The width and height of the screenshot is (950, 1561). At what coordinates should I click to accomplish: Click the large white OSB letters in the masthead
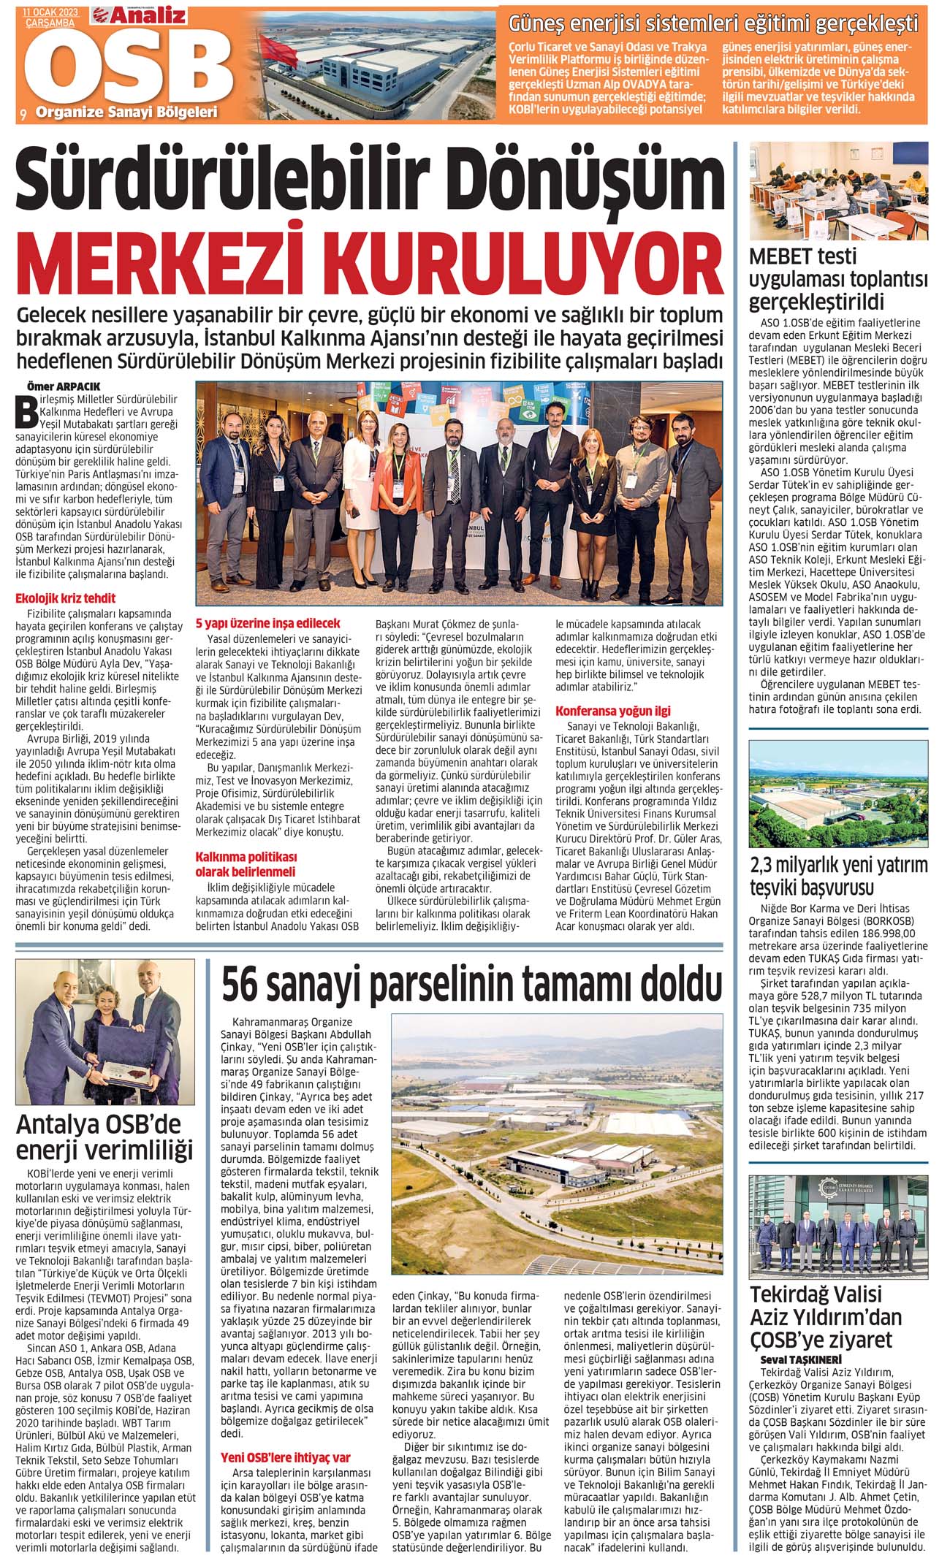click(x=124, y=68)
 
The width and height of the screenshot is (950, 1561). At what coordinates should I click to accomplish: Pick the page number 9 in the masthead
click(x=23, y=112)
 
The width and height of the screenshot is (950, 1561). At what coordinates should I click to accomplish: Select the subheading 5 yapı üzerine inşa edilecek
click(x=267, y=624)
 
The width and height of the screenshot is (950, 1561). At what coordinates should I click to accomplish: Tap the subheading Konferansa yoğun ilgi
click(x=613, y=711)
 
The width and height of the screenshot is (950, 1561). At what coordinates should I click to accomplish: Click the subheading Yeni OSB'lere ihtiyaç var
click(x=286, y=1437)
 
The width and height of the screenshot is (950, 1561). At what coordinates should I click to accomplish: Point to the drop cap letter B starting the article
click(x=30, y=411)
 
